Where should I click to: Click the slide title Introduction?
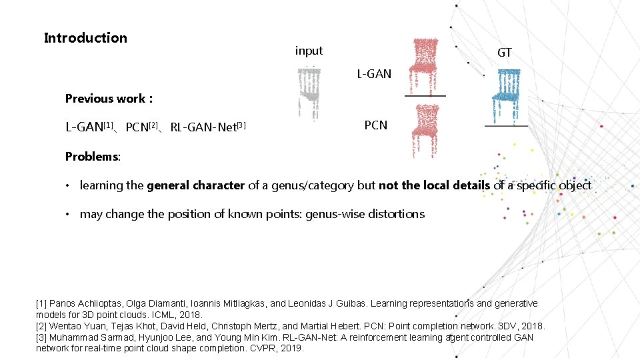[x=85, y=38]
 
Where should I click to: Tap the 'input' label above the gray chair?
[x=309, y=51]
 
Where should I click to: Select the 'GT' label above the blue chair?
[x=505, y=53]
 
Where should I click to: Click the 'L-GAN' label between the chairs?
[x=374, y=74]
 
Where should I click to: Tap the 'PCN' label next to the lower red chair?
[x=376, y=125]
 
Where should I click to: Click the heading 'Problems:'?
[x=93, y=157]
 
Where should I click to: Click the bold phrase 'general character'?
[x=196, y=185]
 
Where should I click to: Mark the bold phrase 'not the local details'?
[x=434, y=185]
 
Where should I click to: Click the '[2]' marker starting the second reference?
[x=42, y=326]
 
